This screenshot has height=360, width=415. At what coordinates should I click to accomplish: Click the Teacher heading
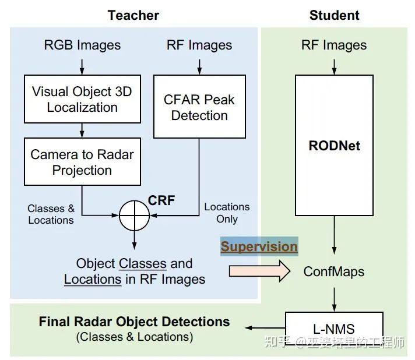tap(133, 15)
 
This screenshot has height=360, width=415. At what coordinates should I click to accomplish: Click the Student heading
tap(335, 15)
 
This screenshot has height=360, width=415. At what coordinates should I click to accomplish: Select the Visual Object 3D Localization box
tap(82, 99)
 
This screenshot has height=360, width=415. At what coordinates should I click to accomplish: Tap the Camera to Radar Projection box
tap(82, 161)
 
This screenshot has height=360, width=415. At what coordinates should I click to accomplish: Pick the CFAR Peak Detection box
tap(199, 107)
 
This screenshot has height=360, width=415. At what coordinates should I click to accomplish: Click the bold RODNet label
tap(335, 146)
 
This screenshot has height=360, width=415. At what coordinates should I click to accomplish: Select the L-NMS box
tap(334, 329)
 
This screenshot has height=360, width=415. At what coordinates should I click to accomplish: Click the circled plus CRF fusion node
tap(135, 216)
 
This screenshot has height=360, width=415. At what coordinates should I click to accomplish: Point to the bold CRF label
tap(161, 200)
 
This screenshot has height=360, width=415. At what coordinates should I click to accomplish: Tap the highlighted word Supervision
tap(259, 246)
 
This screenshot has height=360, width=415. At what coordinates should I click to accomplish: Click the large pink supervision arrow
tap(259, 271)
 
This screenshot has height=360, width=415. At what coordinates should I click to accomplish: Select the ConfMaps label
tap(334, 271)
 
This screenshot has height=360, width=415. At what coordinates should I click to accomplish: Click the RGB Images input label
tap(82, 45)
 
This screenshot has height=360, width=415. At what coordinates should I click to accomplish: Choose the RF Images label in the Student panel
tap(334, 45)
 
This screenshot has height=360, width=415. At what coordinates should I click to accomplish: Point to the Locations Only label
tap(227, 213)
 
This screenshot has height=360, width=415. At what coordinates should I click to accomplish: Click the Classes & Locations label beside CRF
tap(51, 214)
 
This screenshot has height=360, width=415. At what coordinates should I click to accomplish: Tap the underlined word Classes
tap(143, 263)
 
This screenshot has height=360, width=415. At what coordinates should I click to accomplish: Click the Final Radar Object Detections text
tap(134, 322)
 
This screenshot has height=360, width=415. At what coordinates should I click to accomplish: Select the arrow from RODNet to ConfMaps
tap(335, 235)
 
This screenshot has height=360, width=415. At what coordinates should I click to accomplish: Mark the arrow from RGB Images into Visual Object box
tap(82, 67)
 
